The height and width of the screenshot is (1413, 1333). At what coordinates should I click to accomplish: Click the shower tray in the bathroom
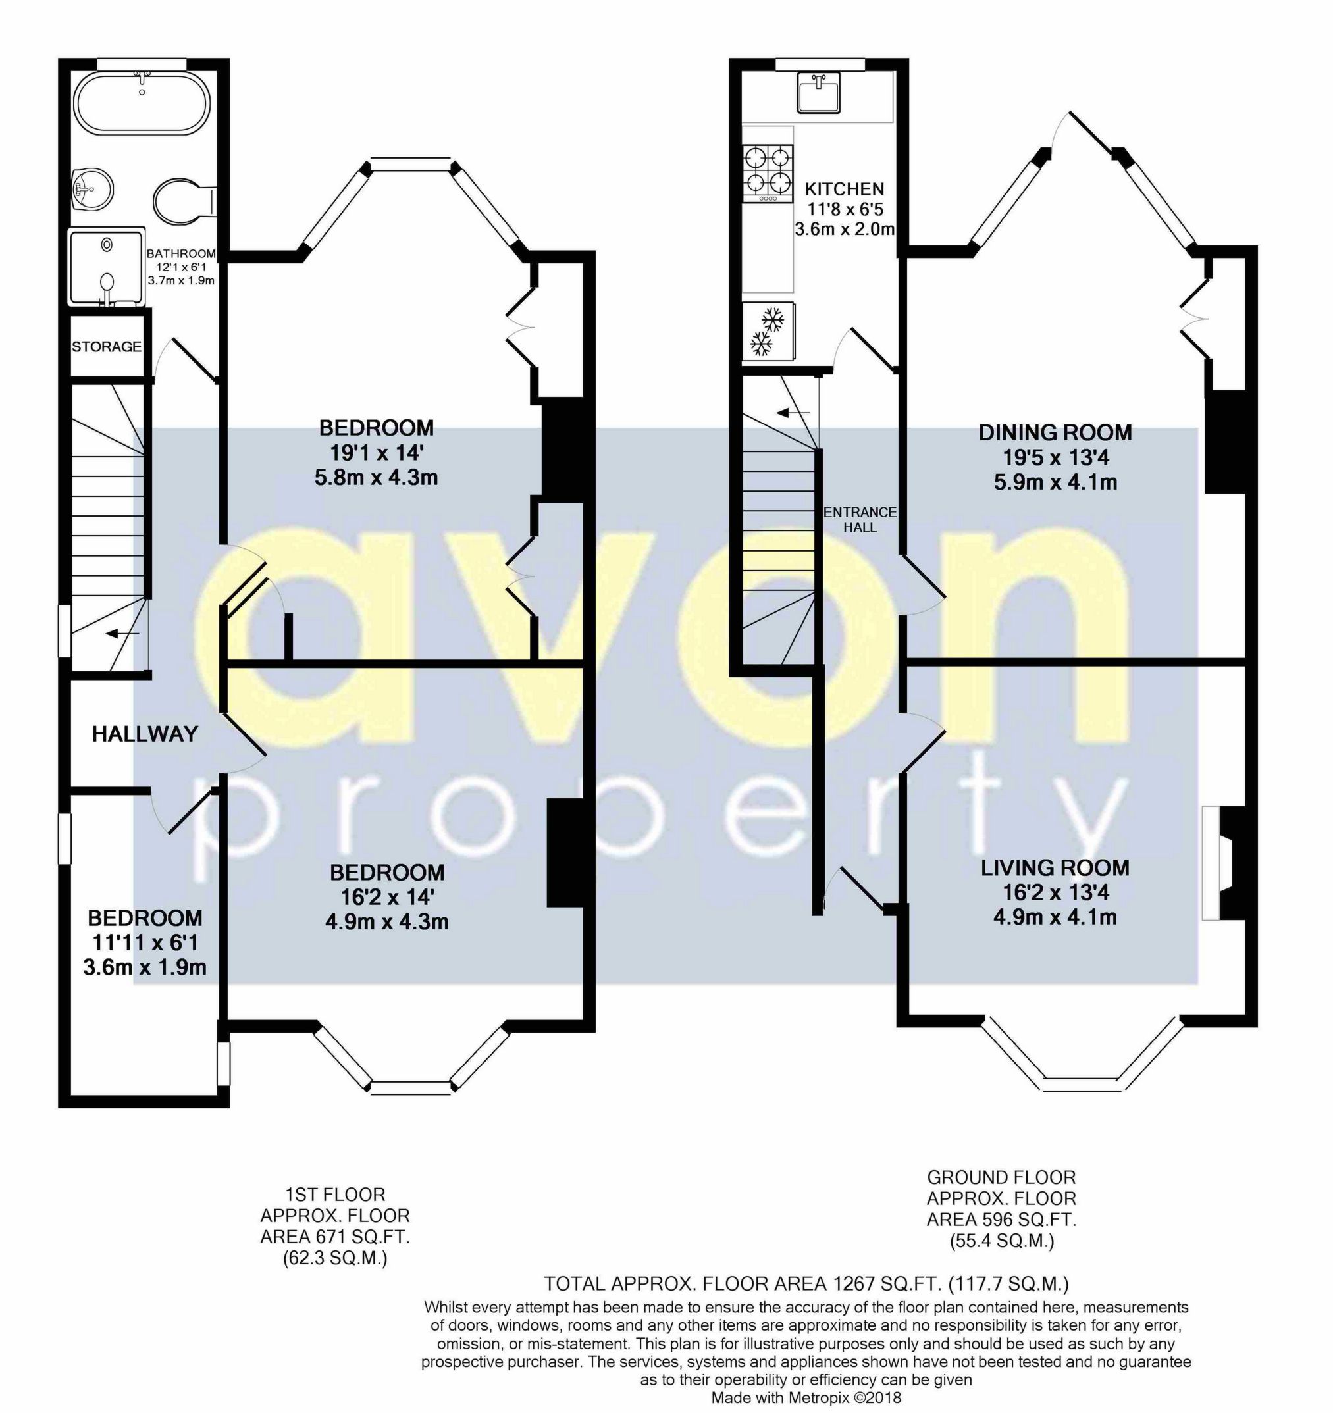tap(107, 266)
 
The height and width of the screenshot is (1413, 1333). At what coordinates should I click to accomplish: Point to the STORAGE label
tap(107, 347)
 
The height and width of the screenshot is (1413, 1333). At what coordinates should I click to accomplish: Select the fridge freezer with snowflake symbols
tap(768, 331)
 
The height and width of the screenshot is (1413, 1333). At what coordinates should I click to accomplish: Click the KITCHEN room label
tap(844, 189)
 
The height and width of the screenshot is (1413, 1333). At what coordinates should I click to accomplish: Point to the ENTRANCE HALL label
tap(860, 519)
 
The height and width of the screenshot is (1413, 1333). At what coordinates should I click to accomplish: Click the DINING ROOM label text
tap(1055, 432)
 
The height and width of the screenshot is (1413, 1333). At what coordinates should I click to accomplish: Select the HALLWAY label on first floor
tap(145, 734)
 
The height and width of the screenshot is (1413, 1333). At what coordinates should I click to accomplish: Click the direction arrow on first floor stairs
tap(122, 633)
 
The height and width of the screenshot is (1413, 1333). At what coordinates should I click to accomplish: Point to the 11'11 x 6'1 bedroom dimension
tap(145, 943)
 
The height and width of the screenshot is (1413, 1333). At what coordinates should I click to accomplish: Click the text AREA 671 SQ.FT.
tap(335, 1237)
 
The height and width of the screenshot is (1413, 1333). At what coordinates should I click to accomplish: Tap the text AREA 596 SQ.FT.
tap(1001, 1220)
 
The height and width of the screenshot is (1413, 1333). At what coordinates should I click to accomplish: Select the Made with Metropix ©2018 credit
tap(806, 1397)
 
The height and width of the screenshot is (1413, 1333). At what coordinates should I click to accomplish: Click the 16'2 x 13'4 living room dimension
tap(1055, 892)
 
